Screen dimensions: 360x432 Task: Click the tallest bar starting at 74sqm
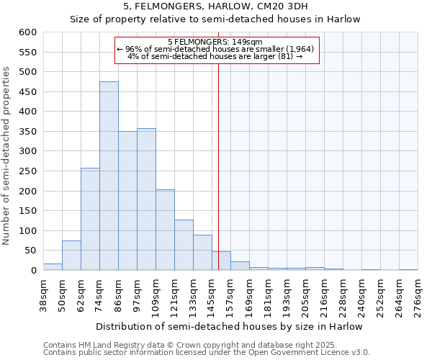click(x=109, y=176)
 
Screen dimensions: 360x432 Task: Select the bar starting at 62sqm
click(x=90, y=220)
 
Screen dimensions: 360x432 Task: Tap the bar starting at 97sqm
click(x=146, y=199)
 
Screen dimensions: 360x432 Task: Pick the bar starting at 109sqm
click(x=165, y=230)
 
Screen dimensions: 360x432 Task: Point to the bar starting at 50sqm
click(x=71, y=256)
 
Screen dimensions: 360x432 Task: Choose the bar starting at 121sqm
click(x=184, y=246)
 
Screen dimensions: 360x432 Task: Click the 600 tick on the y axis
click(x=27, y=32)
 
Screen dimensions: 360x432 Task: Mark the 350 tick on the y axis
click(x=27, y=132)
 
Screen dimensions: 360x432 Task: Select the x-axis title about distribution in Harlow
click(x=229, y=326)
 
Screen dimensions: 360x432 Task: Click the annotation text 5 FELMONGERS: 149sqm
click(x=215, y=42)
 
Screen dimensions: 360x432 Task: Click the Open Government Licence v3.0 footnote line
click(x=206, y=352)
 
